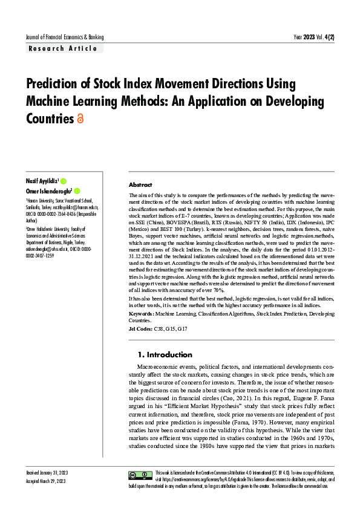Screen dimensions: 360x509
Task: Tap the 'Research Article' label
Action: (62, 48)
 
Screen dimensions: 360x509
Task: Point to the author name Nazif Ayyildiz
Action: (41, 181)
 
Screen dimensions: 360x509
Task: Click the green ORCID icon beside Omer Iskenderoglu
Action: (77, 191)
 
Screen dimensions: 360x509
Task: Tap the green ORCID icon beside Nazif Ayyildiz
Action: (64, 181)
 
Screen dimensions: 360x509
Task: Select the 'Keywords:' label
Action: (142, 314)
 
